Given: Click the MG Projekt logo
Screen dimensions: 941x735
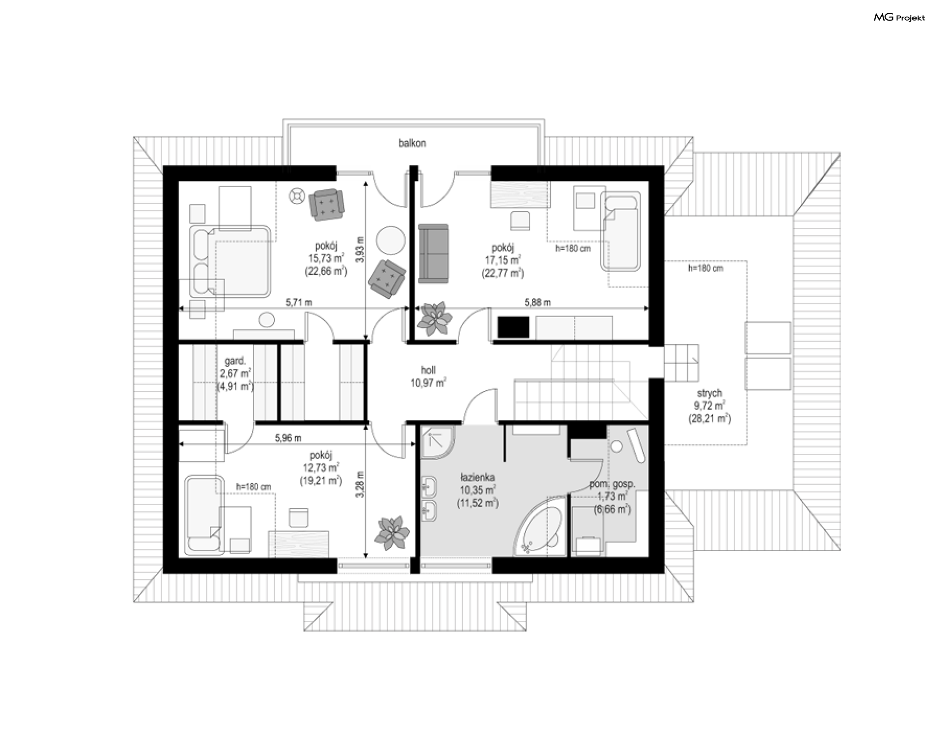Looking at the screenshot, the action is point(900,18).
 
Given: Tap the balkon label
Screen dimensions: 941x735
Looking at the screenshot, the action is point(412,143).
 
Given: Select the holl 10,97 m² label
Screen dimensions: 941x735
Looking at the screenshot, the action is point(428,376).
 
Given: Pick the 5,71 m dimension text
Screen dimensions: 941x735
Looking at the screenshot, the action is point(299,302).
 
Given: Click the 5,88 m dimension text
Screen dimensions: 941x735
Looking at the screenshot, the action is point(537,302).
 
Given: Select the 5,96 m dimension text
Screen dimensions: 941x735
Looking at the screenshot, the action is point(288,438).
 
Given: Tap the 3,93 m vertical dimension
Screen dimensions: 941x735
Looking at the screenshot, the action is point(360,250).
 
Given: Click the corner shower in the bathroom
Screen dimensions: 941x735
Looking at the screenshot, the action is point(437,442).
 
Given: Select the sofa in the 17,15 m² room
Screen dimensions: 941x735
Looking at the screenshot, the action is point(433,254).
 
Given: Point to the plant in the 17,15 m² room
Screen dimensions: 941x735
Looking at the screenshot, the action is point(434,318).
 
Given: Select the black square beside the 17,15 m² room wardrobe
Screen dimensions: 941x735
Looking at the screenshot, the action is point(514,327).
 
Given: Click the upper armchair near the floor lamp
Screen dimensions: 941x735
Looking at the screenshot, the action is point(326,204).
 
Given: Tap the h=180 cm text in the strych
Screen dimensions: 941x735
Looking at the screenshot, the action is point(705,268).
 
